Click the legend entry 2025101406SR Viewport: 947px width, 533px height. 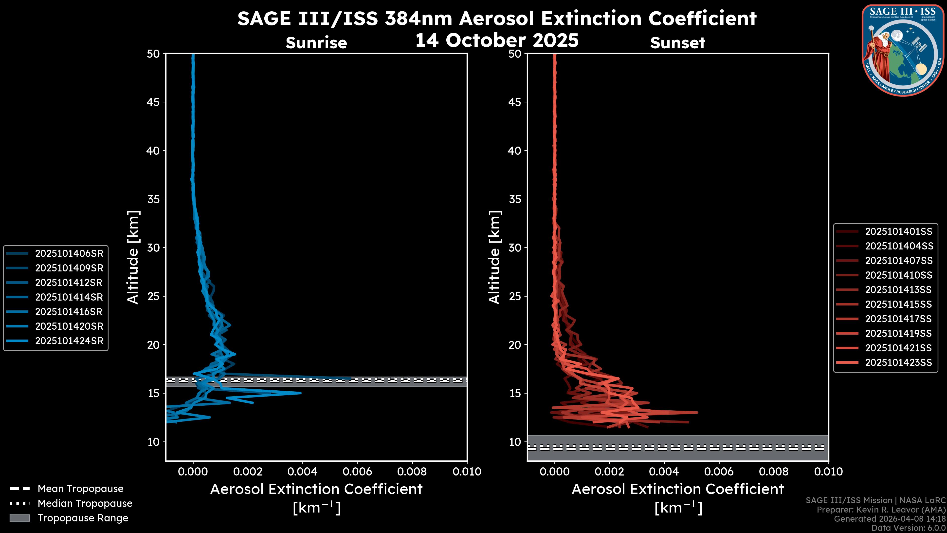tap(69, 253)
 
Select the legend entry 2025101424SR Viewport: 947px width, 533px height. tap(69, 341)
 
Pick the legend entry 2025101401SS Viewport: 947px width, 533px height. tap(898, 231)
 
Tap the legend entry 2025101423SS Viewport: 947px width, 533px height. tap(898, 363)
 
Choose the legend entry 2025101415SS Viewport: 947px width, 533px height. tap(898, 304)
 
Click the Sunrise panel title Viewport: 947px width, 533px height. tap(316, 43)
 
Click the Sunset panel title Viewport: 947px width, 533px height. tap(677, 43)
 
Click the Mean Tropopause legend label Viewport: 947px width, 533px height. tap(80, 489)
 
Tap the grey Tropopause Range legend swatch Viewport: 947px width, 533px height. tap(20, 518)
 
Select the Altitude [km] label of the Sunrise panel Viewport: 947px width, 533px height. tap(133, 257)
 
